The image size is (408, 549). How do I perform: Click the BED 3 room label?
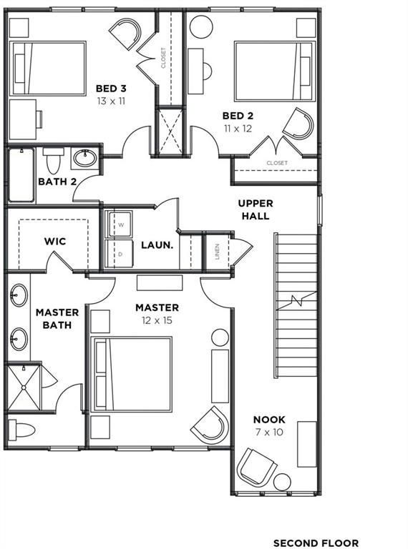pos(111,89)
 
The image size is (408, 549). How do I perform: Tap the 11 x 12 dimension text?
pos(238,129)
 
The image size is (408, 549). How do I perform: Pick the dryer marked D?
pos(120,254)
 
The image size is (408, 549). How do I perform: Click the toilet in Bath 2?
pos(53,160)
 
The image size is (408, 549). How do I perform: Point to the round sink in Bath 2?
pos(84,158)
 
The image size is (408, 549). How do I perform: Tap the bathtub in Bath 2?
pos(21,175)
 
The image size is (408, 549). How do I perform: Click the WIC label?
pos(55,241)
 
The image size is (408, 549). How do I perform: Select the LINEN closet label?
pos(218,252)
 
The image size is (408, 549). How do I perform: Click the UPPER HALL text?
pos(256,209)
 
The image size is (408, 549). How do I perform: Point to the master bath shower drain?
pos(24,387)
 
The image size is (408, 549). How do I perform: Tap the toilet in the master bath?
pos(21,430)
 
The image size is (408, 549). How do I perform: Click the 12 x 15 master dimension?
pos(157,320)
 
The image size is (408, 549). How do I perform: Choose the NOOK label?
pos(269,420)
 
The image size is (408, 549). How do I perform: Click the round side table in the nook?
pos(282,482)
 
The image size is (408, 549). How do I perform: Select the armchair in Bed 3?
pos(126,33)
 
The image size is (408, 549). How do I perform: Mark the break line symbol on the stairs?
pos(296,301)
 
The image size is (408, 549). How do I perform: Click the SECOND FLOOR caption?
pos(316,543)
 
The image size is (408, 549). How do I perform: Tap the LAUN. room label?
pos(157,245)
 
